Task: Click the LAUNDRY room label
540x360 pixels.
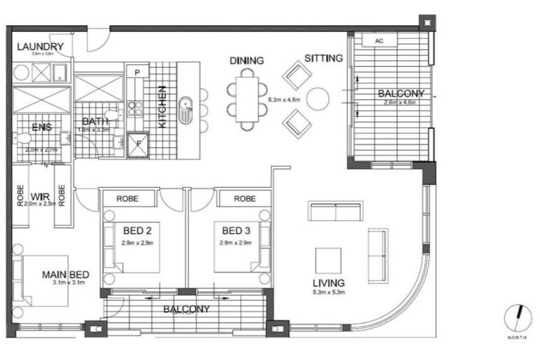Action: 40,46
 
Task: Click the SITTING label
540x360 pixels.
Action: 323,59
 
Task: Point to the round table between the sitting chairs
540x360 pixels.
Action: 318,98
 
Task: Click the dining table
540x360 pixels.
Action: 247,99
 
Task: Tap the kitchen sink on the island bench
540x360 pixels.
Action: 186,110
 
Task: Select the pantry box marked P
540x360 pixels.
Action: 137,72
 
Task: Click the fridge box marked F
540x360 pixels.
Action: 137,144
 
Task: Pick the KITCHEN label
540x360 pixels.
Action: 163,107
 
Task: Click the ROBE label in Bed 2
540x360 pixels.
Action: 128,199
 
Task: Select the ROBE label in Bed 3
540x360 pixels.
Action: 244,199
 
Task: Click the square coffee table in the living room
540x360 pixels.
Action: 327,260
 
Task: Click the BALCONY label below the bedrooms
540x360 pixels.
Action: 186,309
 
